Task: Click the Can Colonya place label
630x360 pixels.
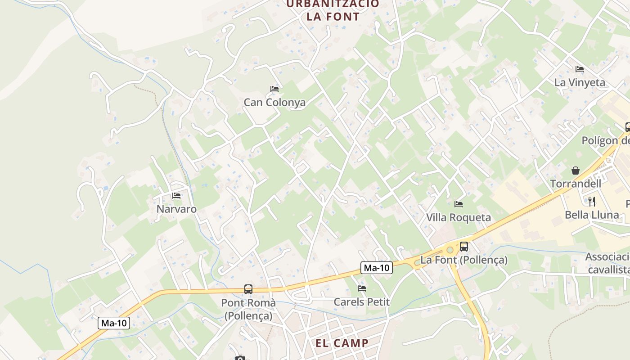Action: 274,102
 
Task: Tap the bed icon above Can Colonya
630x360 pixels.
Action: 274,89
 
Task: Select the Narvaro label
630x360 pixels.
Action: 176,209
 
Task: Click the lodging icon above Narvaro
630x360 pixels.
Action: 176,196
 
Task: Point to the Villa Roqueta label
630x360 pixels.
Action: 459,217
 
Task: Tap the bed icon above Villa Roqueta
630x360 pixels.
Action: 459,204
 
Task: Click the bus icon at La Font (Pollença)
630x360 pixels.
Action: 464,247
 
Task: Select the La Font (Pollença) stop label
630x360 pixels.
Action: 464,260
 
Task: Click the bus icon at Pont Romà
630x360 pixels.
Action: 248,289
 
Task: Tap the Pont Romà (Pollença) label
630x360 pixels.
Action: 248,309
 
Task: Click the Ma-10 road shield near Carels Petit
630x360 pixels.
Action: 377,268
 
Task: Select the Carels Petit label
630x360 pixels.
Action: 361,301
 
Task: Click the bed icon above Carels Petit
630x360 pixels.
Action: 361,288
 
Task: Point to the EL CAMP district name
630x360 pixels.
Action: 342,343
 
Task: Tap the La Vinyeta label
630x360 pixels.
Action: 580,82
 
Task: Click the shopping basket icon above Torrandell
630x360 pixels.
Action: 576,171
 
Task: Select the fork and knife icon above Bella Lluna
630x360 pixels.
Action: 592,201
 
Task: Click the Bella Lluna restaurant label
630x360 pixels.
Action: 592,215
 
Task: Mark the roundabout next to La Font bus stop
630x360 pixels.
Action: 450,249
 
